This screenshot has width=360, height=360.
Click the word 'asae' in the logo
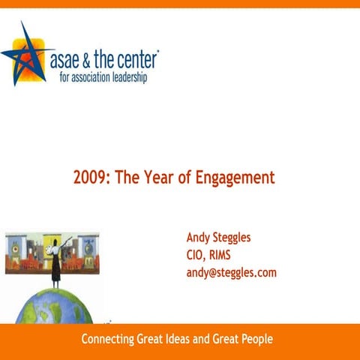[x=67, y=59]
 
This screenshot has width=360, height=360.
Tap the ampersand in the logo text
[x=93, y=59]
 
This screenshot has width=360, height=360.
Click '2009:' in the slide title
[x=91, y=178]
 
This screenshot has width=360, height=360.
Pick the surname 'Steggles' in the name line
[x=234, y=238]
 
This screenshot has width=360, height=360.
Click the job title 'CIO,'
[x=198, y=255]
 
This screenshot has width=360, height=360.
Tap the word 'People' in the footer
[x=256, y=340]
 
